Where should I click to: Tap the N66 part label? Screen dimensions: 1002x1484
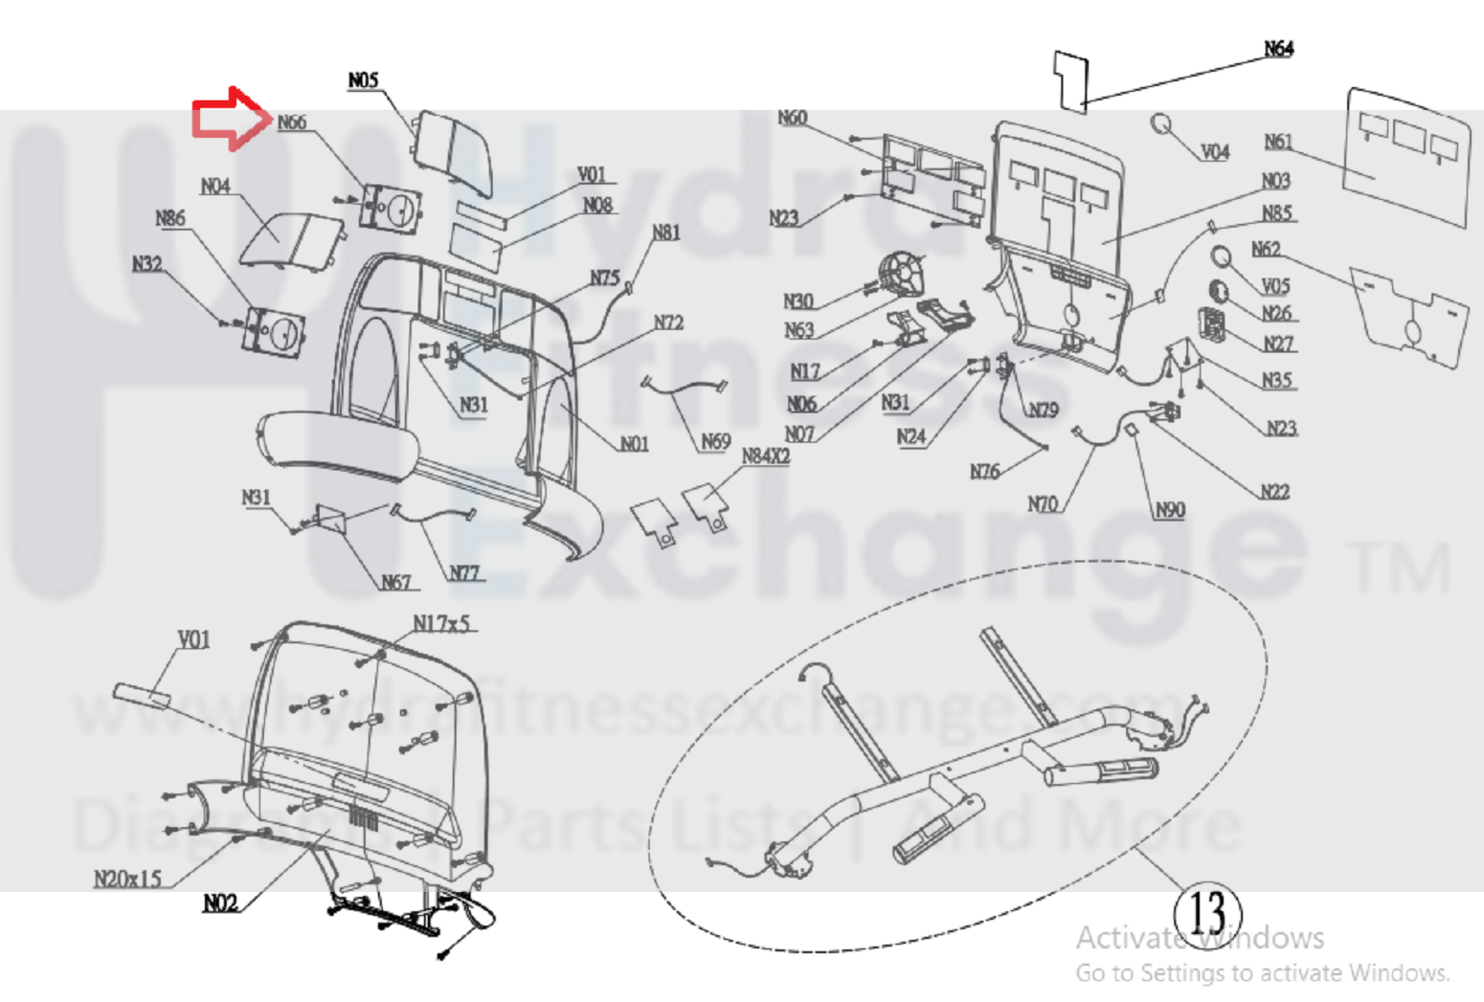point(291,122)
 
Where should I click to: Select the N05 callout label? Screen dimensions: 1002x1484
point(363,80)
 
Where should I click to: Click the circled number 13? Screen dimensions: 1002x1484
point(1208,912)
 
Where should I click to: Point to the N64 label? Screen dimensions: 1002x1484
point(1278,49)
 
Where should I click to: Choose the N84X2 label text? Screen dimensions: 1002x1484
point(766,456)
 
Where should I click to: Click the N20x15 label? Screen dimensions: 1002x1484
point(127,879)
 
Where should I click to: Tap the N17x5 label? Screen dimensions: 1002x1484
point(441,624)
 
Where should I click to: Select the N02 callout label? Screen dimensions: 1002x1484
point(220,902)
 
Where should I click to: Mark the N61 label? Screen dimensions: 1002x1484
point(1278,142)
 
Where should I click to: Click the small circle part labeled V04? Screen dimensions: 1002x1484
point(1161,124)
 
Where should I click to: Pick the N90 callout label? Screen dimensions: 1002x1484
point(1170,510)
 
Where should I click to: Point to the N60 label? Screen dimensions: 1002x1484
point(792,118)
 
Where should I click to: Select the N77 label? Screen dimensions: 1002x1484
point(464,573)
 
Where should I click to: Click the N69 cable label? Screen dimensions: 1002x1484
point(715,441)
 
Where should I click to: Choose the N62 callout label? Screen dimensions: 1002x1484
point(1266,249)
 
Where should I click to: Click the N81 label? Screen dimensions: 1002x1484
point(665,233)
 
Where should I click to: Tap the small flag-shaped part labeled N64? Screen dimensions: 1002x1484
point(1071,80)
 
